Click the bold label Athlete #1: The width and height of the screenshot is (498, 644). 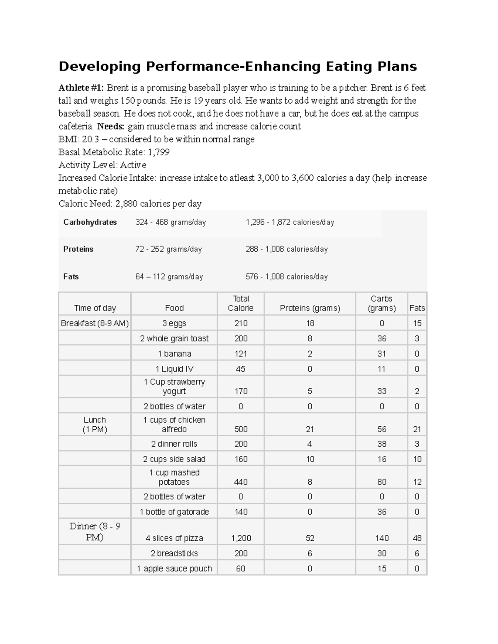pos(82,88)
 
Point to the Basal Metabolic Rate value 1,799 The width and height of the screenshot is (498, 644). pos(159,152)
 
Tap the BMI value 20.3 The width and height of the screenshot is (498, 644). pos(91,139)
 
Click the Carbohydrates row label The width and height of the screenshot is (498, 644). pos(90,222)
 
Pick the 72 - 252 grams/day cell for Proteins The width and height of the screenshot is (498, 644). pos(168,249)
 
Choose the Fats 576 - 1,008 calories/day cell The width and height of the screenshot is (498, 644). pos(286,277)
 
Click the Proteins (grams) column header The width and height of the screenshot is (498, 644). pos(310,308)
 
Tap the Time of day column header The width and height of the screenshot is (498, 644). pos(95,308)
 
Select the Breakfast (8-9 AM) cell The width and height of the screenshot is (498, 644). pos(95,323)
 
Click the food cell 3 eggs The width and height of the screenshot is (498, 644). pos(174,323)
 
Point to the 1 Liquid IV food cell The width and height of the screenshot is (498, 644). pos(174,369)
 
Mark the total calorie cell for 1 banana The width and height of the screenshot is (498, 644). pos(241,354)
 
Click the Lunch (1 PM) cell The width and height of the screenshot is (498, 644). pos(95,425)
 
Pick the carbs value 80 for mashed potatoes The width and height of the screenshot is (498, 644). pos(381,482)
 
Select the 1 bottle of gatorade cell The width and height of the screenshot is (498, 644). pos(174,512)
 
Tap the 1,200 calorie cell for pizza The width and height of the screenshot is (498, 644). pos(241,538)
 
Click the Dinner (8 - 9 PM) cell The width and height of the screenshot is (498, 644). pos(95,532)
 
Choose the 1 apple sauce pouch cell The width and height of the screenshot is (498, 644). pos(174,569)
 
